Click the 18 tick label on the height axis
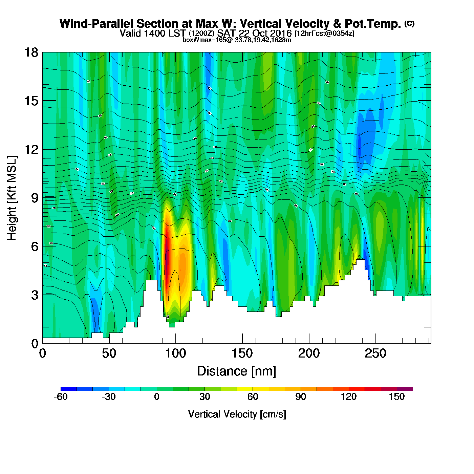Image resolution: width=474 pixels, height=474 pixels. point(31,52)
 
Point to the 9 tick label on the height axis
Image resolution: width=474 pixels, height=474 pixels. point(35,198)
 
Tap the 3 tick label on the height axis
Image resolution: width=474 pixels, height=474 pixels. point(35,295)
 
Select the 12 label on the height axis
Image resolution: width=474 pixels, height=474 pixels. point(31,149)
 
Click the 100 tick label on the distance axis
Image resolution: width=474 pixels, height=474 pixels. point(175,354)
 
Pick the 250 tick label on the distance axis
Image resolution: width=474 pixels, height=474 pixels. point(375,354)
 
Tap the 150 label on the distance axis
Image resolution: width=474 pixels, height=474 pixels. point(242,354)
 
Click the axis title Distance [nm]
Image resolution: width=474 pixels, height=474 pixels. point(237,371)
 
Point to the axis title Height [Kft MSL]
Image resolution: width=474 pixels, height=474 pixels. point(12,198)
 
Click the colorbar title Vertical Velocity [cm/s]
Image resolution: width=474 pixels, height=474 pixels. point(237,414)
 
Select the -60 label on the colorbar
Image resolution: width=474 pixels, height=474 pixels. point(61,397)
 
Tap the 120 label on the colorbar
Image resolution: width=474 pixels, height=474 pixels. point(349,397)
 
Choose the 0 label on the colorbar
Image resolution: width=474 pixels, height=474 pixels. point(156,397)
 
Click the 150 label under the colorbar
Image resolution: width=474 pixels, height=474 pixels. point(397,397)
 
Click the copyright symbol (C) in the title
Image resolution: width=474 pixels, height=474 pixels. point(409,23)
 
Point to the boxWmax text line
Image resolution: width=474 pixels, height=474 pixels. point(237,40)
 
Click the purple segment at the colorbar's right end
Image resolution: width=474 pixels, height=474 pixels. point(405,389)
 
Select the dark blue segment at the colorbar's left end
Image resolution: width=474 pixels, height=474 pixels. point(68,389)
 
